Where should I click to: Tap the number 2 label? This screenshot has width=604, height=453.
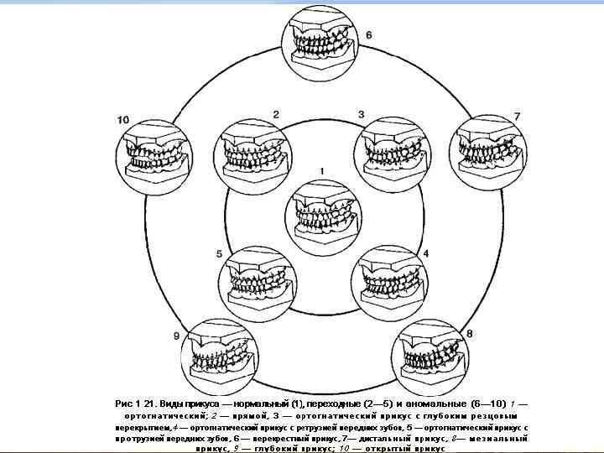(276, 114)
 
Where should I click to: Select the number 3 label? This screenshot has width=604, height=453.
(362, 114)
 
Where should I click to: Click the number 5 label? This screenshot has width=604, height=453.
(219, 253)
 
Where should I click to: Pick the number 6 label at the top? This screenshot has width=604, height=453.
(368, 35)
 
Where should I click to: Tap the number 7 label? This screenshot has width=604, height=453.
(517, 116)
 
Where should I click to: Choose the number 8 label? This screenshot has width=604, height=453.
(470, 333)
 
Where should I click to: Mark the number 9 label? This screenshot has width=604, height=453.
(176, 336)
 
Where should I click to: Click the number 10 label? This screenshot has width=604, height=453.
(123, 120)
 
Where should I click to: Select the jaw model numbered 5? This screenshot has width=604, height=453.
(258, 282)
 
